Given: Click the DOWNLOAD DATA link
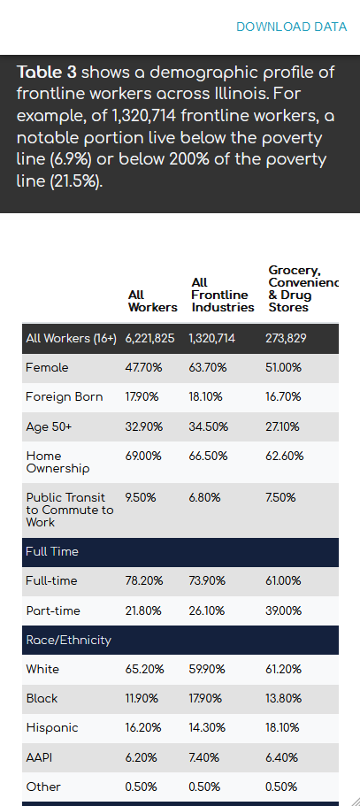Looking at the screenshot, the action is click(291, 27).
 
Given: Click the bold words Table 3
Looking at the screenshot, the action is click(47, 72).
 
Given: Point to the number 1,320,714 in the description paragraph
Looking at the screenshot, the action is click(144, 116).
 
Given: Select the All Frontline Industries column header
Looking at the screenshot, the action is click(222, 295).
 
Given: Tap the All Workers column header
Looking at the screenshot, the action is click(152, 301).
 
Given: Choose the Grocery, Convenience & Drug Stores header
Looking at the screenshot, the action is click(303, 289).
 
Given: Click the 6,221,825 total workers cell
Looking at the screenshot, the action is click(150, 339).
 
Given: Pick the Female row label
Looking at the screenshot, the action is click(47, 368).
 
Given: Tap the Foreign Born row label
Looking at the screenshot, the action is click(65, 397).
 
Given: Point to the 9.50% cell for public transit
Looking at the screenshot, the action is click(141, 497).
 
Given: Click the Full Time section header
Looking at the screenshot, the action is click(52, 552).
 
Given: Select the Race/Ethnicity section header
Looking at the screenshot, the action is click(69, 640).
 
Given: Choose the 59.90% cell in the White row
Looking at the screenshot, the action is click(207, 669).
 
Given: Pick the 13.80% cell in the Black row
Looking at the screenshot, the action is click(283, 699).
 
